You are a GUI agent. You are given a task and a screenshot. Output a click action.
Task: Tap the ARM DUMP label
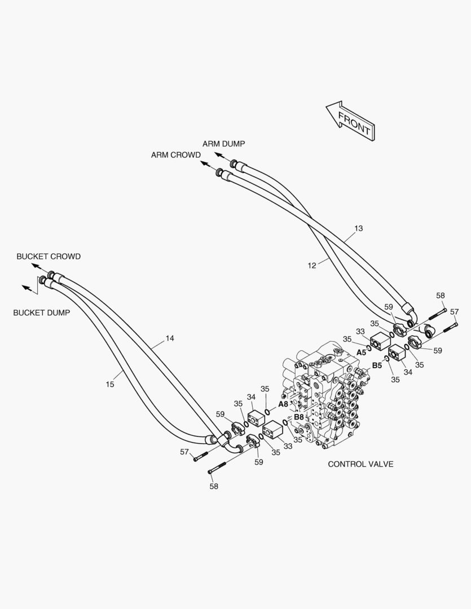click(223, 144)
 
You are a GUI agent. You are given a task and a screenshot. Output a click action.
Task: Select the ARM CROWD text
click(175, 155)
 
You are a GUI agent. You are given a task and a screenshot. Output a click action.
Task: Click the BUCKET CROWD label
click(49, 257)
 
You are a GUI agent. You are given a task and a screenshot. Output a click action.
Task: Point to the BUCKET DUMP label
click(42, 312)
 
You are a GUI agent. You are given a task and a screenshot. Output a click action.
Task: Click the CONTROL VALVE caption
click(360, 464)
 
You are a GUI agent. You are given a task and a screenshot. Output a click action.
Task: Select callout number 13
click(359, 228)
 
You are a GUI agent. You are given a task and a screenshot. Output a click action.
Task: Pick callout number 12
click(312, 265)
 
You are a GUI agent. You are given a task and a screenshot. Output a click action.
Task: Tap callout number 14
click(170, 338)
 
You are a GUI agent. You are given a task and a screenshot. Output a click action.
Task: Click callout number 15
click(110, 384)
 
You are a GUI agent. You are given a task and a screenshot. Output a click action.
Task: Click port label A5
click(361, 352)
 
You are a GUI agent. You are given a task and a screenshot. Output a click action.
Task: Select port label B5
click(377, 365)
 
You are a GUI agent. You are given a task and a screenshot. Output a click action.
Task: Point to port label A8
click(283, 404)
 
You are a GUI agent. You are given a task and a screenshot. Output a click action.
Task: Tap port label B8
click(299, 417)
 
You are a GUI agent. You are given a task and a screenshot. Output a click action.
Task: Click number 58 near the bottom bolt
click(214, 486)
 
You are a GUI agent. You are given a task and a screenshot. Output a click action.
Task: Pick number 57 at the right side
click(454, 312)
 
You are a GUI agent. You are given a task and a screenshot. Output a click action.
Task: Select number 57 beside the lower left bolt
click(184, 452)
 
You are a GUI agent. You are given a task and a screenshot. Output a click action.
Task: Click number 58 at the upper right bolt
click(441, 295)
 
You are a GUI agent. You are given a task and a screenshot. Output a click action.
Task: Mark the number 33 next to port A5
click(360, 332)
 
